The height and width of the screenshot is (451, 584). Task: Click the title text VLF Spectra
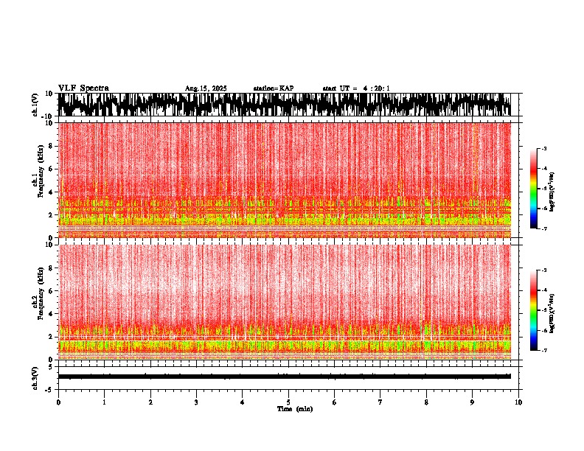click(83, 88)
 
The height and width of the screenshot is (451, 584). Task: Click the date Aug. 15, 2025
click(206, 88)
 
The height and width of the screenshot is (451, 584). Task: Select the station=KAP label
click(273, 88)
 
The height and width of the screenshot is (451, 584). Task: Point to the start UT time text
click(356, 88)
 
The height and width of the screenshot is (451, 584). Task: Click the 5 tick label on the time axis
click(288, 402)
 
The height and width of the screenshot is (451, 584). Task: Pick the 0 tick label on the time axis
click(58, 402)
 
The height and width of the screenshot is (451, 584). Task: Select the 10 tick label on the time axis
click(518, 402)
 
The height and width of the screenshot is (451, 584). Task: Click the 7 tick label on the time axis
click(380, 402)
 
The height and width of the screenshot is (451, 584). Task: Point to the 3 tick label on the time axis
click(196, 402)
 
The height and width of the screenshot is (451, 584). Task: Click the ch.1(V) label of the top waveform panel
click(35, 105)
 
